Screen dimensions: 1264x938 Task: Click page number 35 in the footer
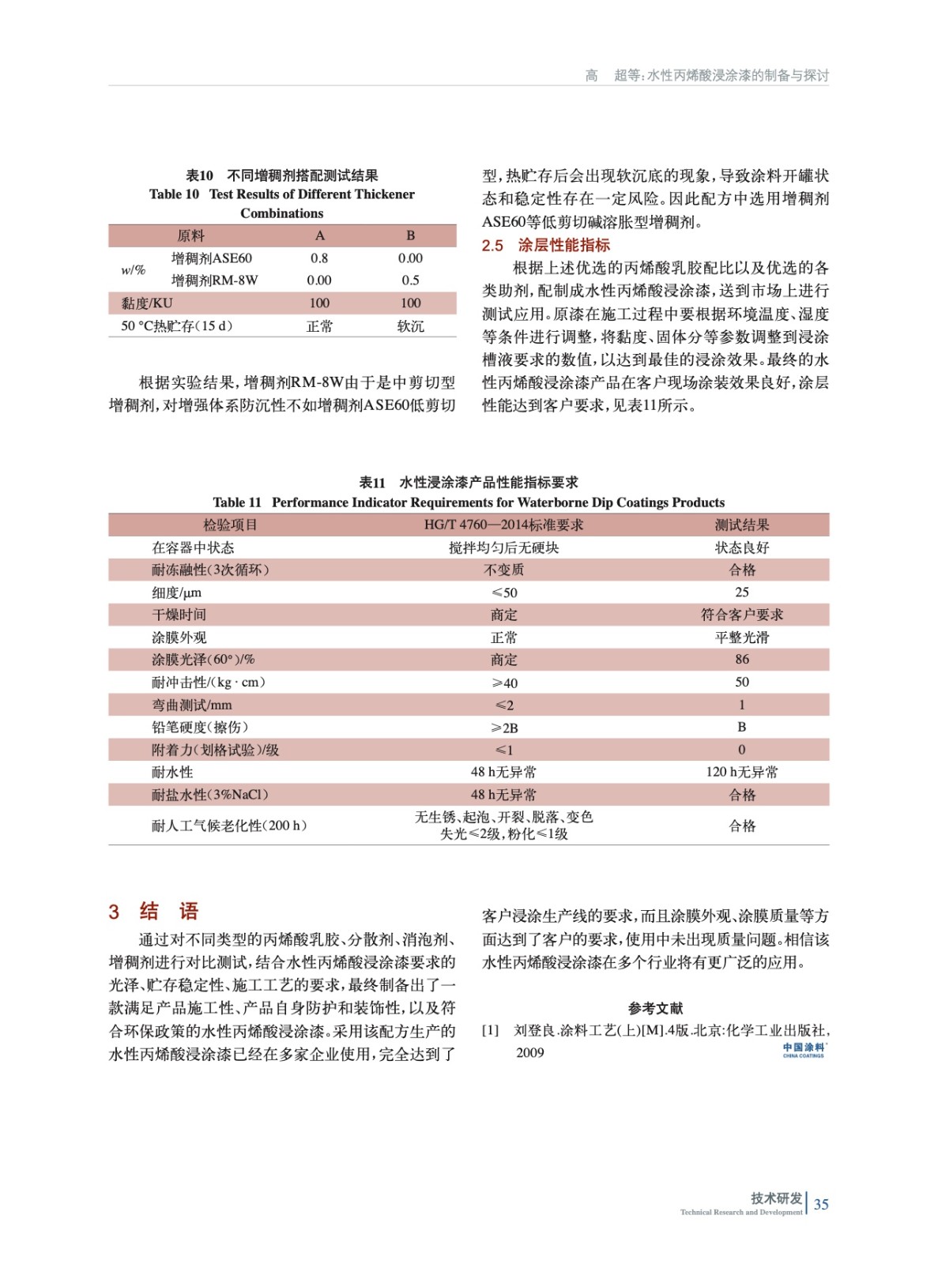point(821,1204)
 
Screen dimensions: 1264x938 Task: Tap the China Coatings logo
point(804,1049)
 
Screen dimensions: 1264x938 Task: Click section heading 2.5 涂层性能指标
point(546,245)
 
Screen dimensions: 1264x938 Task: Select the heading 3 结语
point(154,912)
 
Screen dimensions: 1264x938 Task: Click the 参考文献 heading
point(655,1008)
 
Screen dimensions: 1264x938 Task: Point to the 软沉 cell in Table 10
point(410,326)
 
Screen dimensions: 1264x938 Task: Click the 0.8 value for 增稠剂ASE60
point(319,258)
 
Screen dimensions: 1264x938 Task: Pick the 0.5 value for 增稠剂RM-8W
point(410,280)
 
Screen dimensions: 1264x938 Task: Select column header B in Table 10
point(410,235)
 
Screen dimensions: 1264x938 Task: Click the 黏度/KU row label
point(147,303)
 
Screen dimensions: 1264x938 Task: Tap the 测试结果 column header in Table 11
point(741,525)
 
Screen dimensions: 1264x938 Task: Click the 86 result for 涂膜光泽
point(741,660)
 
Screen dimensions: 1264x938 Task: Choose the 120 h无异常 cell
point(741,772)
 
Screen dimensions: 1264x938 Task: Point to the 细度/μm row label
point(176,592)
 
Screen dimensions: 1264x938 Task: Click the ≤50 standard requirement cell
point(504,592)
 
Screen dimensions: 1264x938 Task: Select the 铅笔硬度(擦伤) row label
point(200,728)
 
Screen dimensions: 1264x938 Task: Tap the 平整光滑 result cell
point(741,638)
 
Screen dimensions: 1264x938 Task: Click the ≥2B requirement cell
point(504,728)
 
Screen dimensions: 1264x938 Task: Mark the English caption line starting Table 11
point(469,502)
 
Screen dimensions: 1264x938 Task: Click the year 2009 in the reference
point(530,1052)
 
